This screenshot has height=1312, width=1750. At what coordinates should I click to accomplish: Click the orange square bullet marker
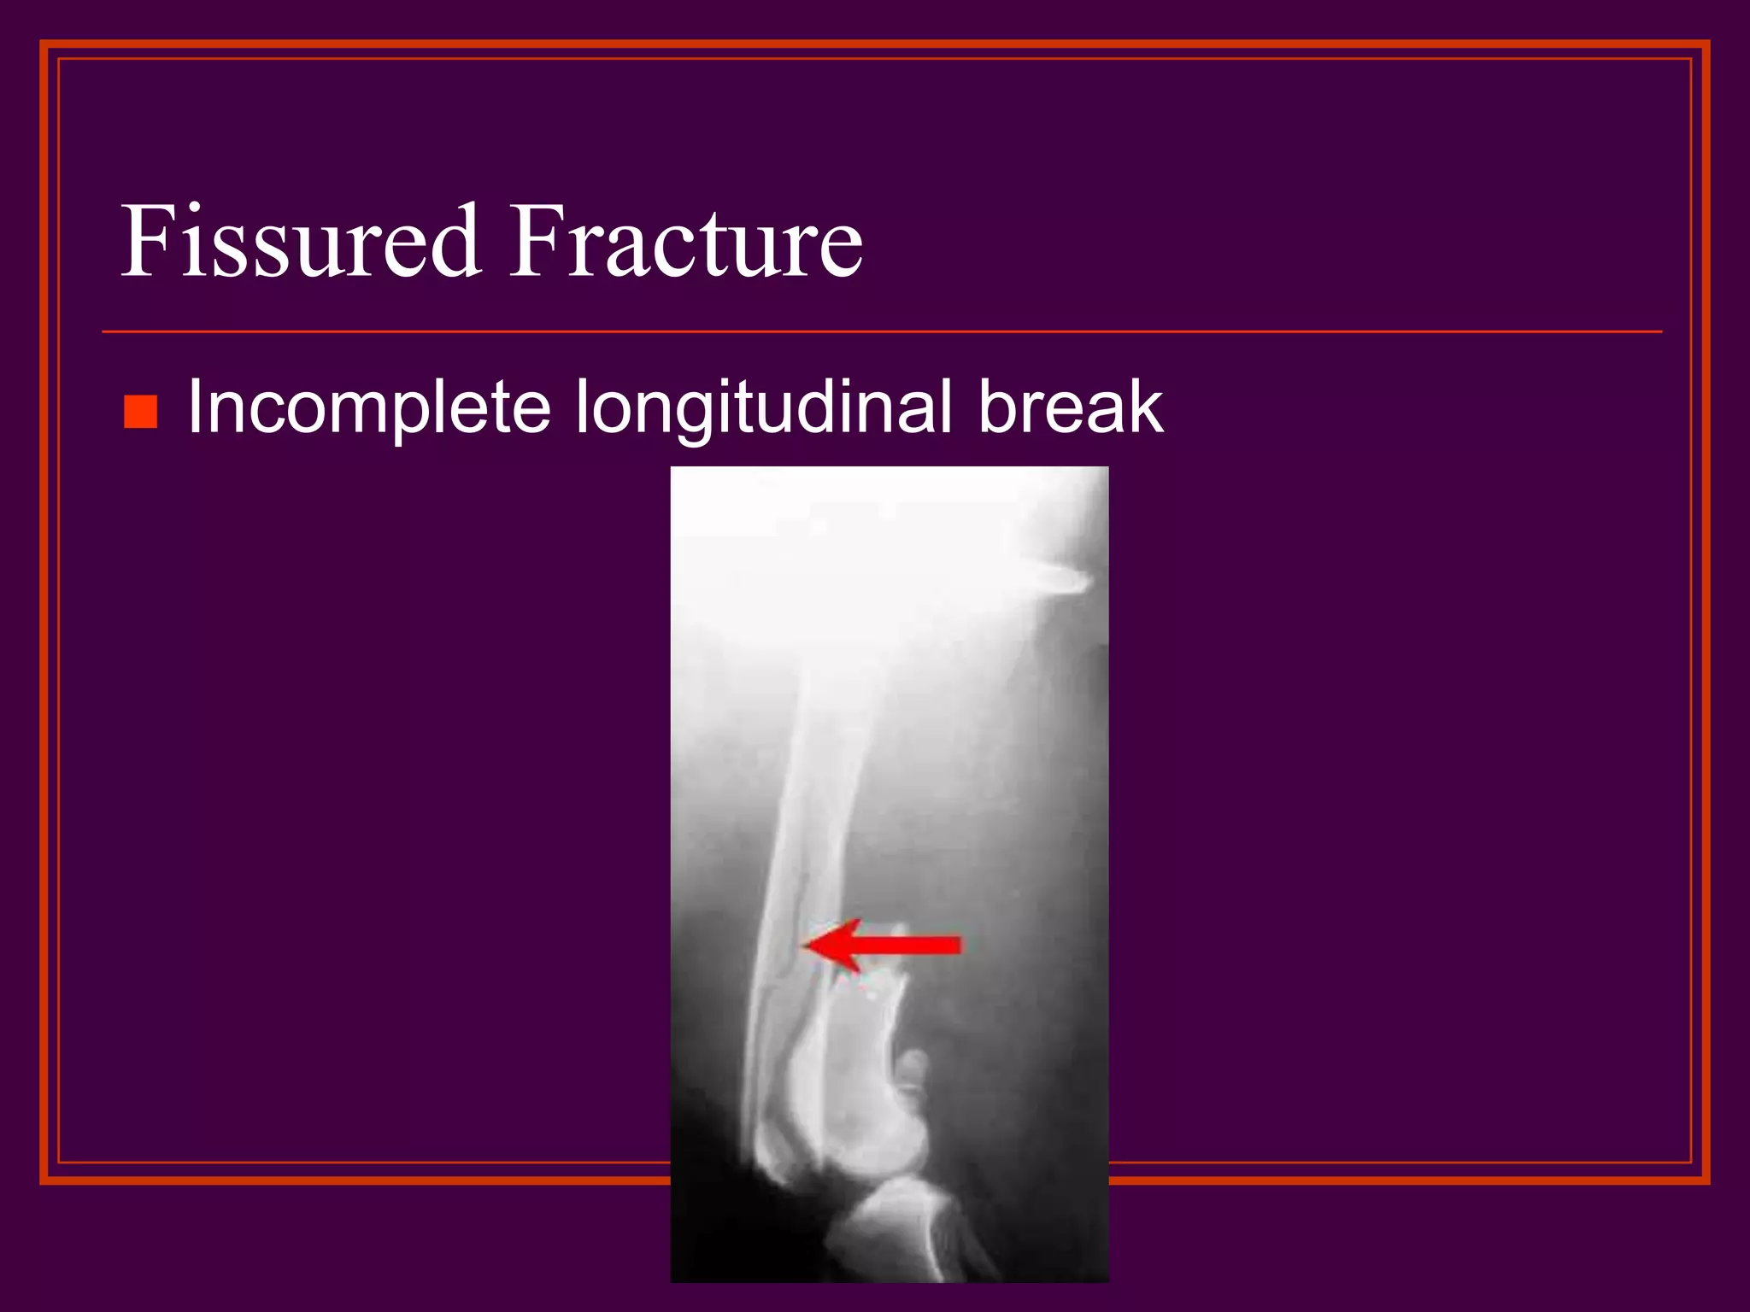[x=140, y=412]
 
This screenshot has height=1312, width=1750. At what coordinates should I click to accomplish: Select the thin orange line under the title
[x=880, y=331]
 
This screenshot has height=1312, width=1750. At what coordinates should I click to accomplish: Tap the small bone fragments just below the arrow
[x=872, y=991]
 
